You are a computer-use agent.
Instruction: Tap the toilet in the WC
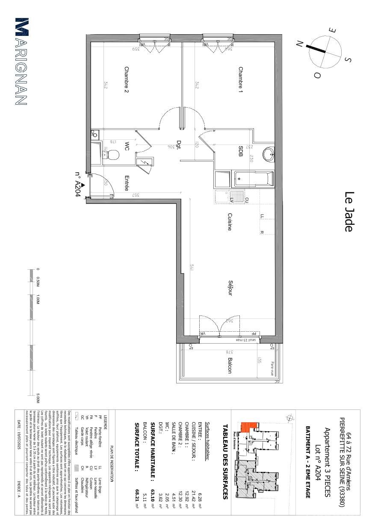coord(112,154)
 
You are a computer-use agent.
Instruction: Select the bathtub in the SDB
coord(252,179)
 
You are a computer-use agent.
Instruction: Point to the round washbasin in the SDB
coord(269,153)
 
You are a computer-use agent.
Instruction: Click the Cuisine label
coord(230,222)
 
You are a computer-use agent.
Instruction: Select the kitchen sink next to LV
coord(222,197)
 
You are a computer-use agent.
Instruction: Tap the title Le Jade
coord(349,212)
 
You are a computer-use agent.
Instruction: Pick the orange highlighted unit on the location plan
coord(248,427)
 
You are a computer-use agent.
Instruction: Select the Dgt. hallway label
coord(179,145)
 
